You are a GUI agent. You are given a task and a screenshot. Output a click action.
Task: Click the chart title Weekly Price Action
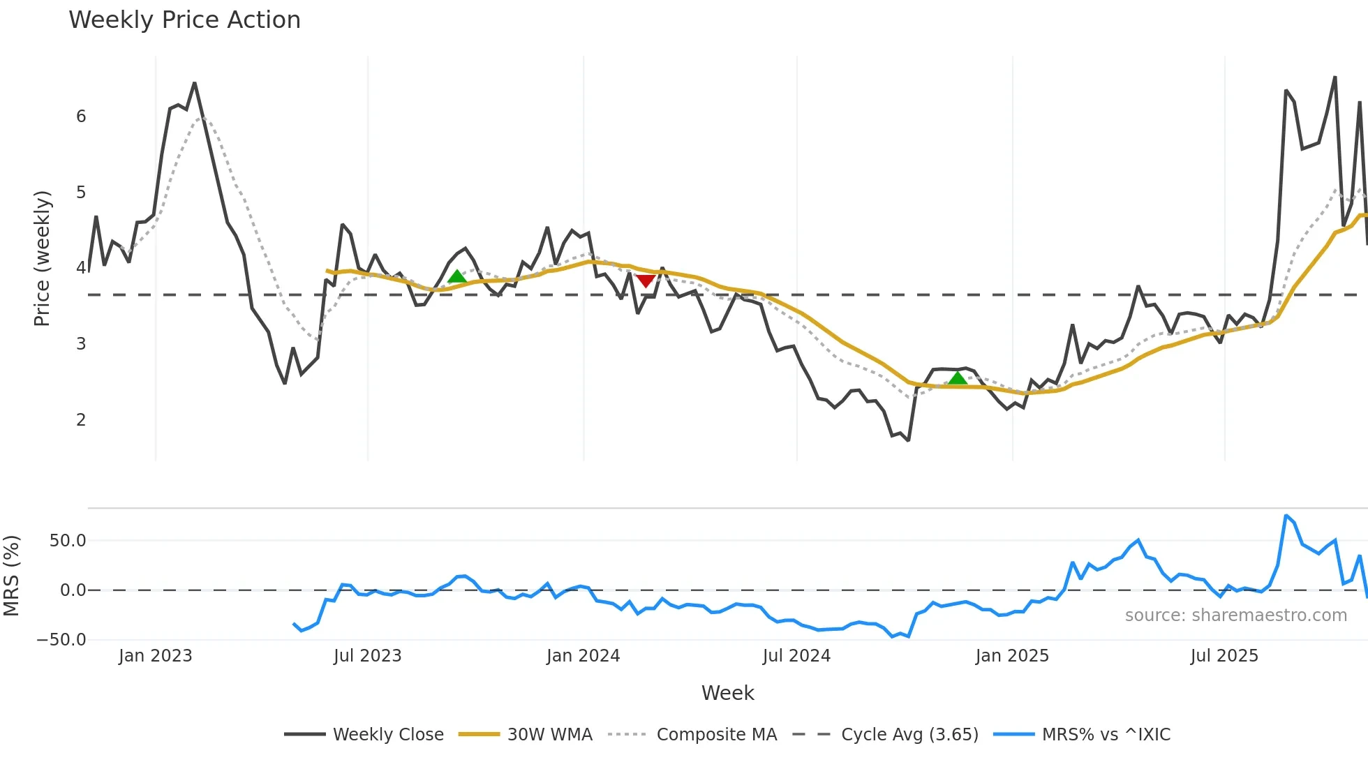[184, 20]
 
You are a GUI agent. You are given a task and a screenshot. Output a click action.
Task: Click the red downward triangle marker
[646, 281]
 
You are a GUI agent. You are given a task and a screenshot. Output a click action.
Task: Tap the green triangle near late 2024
[958, 378]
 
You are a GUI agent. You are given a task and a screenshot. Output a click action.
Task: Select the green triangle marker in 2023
[457, 276]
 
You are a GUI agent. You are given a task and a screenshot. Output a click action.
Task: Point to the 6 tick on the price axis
[81, 117]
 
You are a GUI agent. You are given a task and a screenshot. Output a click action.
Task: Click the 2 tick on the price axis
[81, 420]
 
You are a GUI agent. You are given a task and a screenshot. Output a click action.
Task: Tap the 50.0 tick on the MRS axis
[68, 541]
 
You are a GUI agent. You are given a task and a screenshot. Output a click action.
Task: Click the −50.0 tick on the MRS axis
[61, 640]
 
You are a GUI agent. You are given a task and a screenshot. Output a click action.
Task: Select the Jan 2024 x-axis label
[583, 656]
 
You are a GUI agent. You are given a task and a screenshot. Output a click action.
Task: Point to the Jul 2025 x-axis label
[1224, 656]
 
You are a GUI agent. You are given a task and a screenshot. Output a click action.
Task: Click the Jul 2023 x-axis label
[367, 656]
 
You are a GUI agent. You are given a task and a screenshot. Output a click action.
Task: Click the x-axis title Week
[727, 693]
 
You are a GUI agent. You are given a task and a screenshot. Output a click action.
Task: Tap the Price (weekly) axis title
[42, 258]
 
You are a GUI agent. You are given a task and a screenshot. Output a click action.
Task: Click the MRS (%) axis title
[11, 576]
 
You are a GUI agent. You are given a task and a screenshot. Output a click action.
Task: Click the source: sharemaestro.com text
[1235, 615]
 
